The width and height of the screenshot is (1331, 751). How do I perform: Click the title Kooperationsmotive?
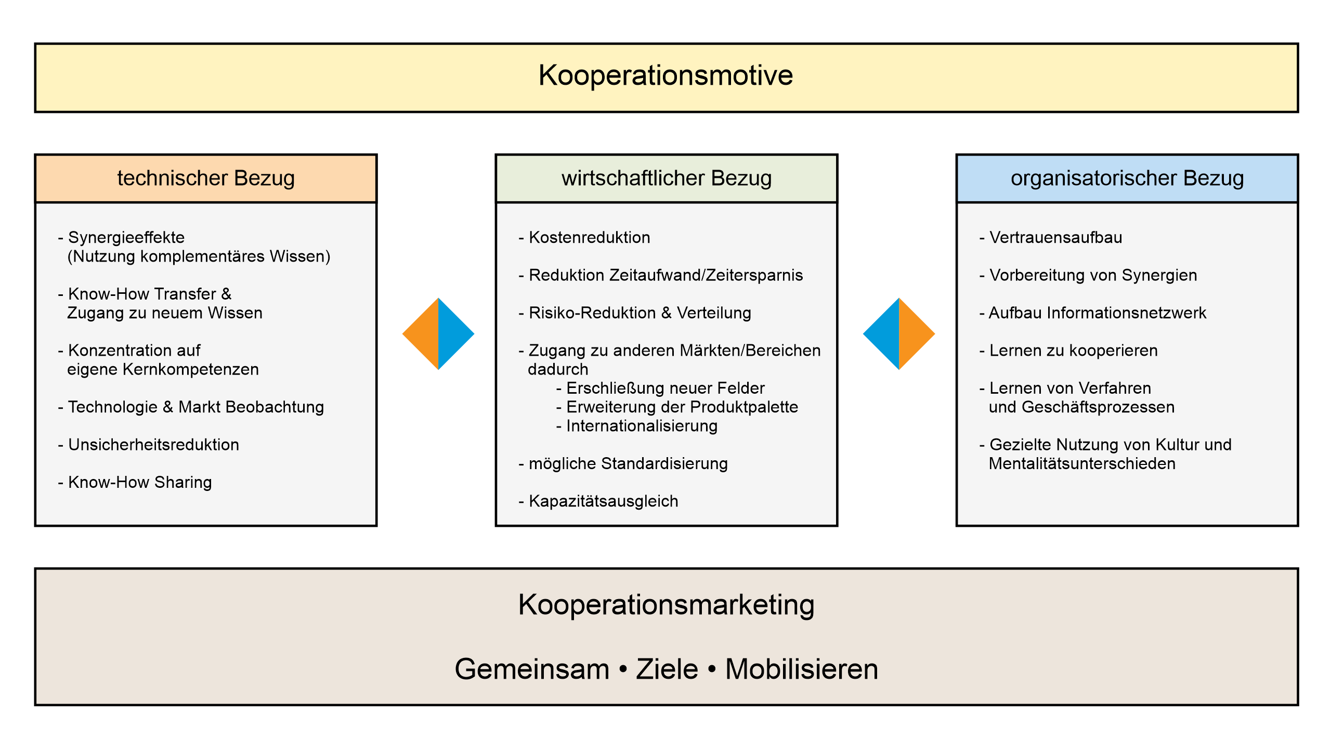click(x=665, y=75)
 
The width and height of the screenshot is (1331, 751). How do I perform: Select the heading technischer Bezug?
click(x=206, y=178)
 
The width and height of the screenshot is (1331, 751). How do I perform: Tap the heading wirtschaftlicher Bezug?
click(x=667, y=178)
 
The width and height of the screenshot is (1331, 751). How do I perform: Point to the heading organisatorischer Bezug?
click(x=1127, y=178)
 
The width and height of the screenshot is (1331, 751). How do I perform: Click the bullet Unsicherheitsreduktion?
click(x=153, y=445)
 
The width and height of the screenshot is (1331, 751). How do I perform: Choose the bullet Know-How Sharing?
click(x=140, y=483)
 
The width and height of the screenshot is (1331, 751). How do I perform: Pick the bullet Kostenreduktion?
click(x=589, y=238)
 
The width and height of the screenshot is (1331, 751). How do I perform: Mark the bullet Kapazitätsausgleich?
click(x=603, y=501)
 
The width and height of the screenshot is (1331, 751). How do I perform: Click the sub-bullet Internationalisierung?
click(x=642, y=426)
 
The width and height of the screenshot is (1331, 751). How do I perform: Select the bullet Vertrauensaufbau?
click(x=1055, y=238)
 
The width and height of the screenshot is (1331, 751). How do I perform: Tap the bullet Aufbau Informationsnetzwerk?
click(x=1097, y=313)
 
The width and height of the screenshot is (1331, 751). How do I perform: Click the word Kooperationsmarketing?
click(x=666, y=605)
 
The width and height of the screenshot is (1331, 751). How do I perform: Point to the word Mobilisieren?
click(x=802, y=669)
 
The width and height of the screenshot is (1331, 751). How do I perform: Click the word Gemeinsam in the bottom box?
click(x=532, y=669)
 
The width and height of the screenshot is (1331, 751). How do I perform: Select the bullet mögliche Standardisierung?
click(x=628, y=464)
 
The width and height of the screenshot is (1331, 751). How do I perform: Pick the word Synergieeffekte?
click(x=126, y=238)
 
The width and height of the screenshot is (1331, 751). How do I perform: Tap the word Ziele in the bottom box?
click(x=667, y=669)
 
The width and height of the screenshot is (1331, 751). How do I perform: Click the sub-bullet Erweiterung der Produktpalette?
click(x=682, y=407)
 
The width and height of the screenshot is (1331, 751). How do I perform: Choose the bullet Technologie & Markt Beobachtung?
click(x=195, y=407)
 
